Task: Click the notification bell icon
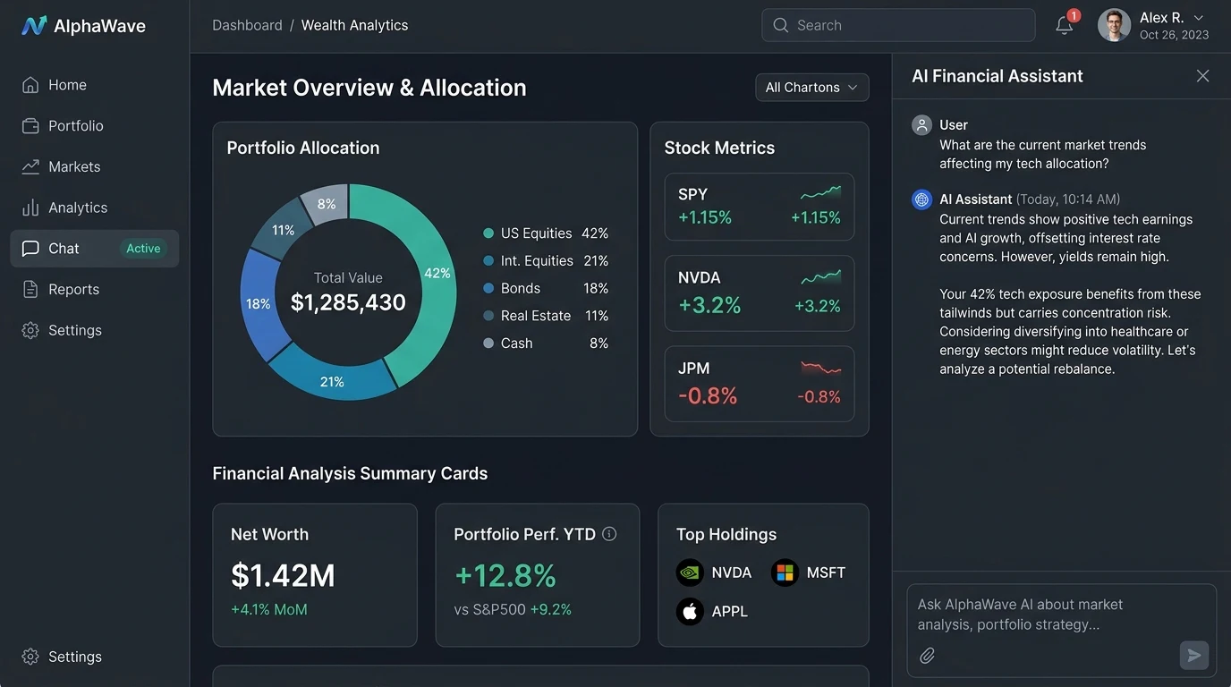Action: tap(1065, 25)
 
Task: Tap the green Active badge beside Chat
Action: tap(143, 249)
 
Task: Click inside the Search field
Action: tap(898, 25)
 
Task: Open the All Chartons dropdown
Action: tap(811, 88)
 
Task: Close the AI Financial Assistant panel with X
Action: tap(1202, 76)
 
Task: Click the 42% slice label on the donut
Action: tap(437, 273)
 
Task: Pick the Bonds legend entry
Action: tap(546, 288)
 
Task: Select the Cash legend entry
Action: tap(546, 343)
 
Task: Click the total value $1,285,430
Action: tap(348, 302)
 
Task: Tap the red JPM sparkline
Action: tap(820, 368)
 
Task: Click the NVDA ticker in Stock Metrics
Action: tap(699, 277)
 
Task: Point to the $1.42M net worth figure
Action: tap(283, 575)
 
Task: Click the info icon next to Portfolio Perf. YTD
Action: tap(609, 534)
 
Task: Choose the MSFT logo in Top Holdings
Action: tap(785, 572)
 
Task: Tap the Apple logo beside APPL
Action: tap(690, 611)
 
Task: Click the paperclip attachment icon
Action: tap(927, 655)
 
